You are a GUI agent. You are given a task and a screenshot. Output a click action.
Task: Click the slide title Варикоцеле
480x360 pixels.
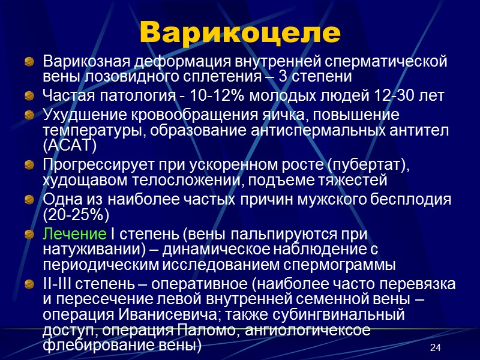pos(239,33)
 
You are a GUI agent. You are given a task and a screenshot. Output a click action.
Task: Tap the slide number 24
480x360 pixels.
pos(436,349)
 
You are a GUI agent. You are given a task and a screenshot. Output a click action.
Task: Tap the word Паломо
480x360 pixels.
pos(200,331)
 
